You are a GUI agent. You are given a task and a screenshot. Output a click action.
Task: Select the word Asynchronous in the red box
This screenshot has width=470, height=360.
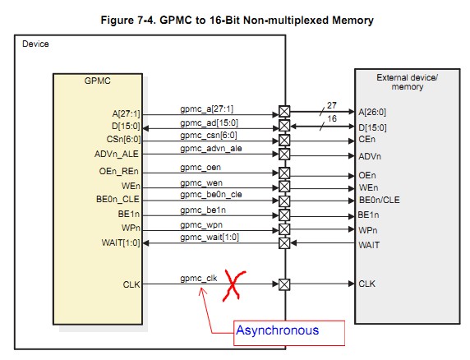(276, 330)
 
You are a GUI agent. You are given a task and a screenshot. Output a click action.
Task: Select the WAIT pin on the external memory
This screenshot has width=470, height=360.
(370, 244)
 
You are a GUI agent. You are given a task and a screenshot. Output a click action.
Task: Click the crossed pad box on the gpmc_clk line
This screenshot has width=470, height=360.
(284, 284)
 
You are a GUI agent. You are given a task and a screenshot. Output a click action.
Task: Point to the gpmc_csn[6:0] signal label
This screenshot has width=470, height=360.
(209, 134)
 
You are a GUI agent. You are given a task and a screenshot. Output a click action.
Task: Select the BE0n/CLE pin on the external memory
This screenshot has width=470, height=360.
(379, 200)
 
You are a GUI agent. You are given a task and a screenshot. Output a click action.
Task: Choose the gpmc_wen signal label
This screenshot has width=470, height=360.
(201, 182)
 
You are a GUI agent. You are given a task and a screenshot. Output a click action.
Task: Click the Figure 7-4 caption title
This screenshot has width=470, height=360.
(237, 18)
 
